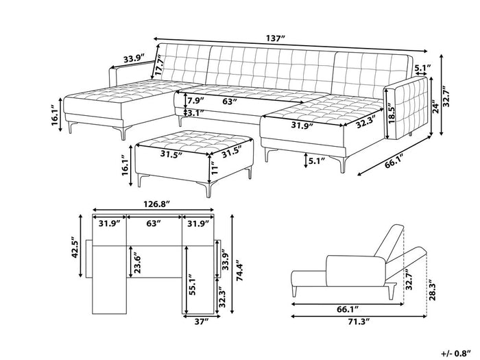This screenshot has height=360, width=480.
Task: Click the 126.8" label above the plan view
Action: coord(154,204)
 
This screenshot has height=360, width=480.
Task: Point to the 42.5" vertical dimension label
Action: coord(77,246)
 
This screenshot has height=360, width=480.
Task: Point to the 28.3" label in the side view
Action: coord(431,291)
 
